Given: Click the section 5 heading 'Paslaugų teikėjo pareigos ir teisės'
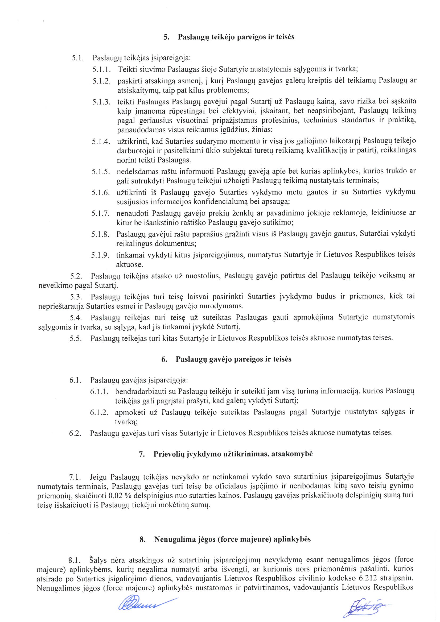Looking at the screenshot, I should (236, 37).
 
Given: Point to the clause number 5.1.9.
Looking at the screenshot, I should (100, 255).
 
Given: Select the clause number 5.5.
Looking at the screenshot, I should (76, 339).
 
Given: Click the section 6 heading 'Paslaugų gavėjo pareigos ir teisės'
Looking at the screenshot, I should (233, 359).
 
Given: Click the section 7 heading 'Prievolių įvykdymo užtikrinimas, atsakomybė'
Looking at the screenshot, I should (233, 454).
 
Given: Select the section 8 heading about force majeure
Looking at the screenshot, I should (232, 539).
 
